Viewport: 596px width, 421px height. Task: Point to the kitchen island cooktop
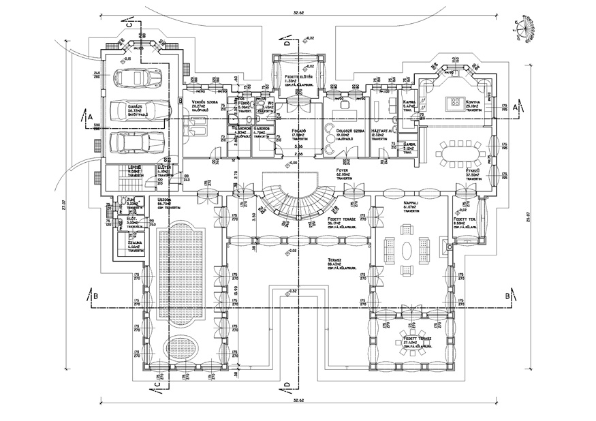coord(454,104)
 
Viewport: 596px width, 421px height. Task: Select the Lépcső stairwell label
coord(135,167)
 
